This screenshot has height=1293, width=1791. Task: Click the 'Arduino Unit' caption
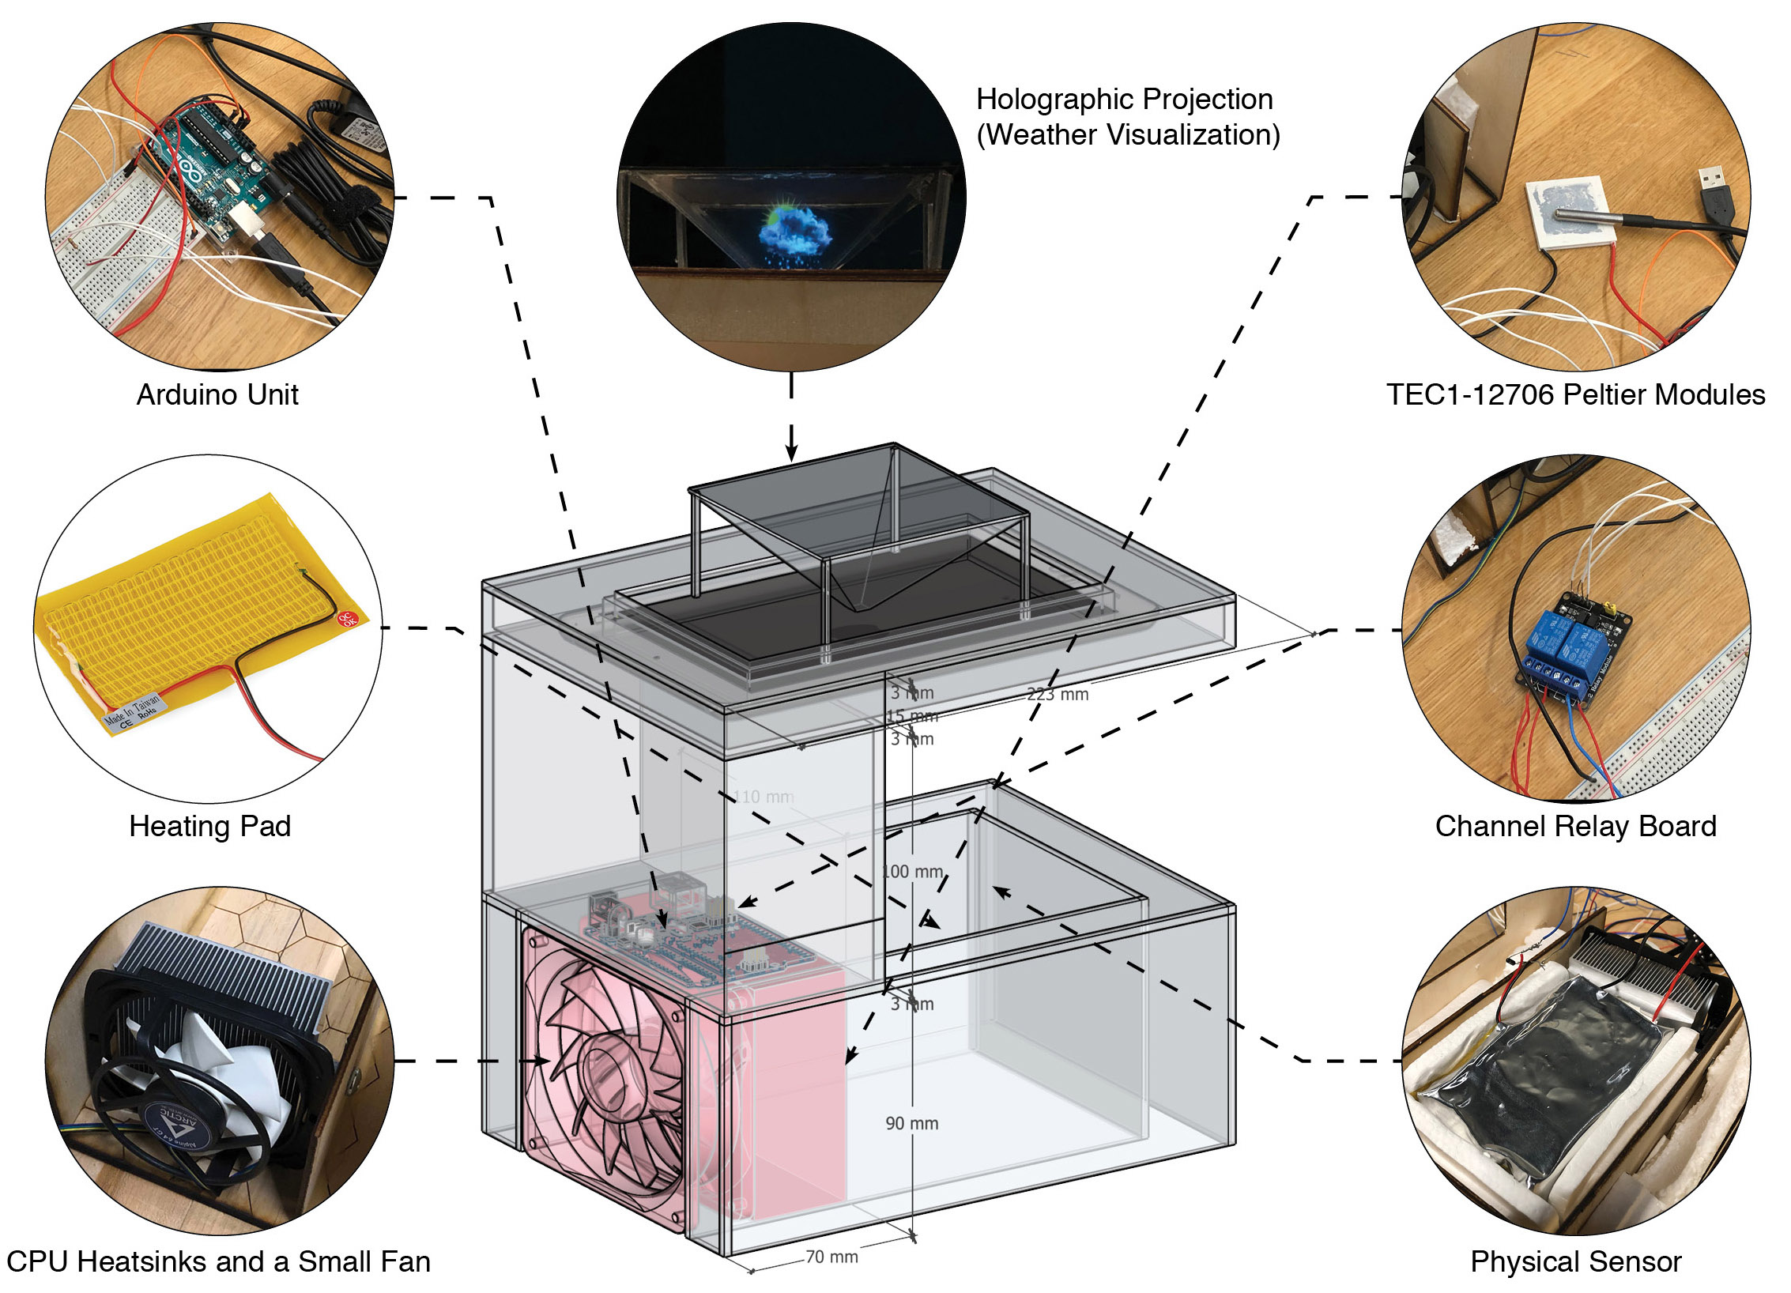coord(217,394)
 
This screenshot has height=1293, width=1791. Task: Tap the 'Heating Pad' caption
coord(210,826)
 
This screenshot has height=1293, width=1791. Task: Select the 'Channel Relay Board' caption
coord(1575,826)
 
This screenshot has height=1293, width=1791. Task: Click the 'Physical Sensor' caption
coord(1575,1261)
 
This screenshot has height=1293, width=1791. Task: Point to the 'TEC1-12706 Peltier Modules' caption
coord(1575,394)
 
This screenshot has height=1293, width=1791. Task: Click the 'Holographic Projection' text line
coord(1124,100)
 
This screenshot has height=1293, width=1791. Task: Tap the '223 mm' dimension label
coord(1058,694)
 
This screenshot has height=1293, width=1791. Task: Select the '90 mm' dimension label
coord(911,1123)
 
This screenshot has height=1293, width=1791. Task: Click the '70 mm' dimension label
coord(831,1257)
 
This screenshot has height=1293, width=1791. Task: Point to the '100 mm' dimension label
coord(912,871)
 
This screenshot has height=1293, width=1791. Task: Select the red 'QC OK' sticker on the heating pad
coord(348,619)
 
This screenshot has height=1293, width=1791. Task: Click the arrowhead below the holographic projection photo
coord(791,452)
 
